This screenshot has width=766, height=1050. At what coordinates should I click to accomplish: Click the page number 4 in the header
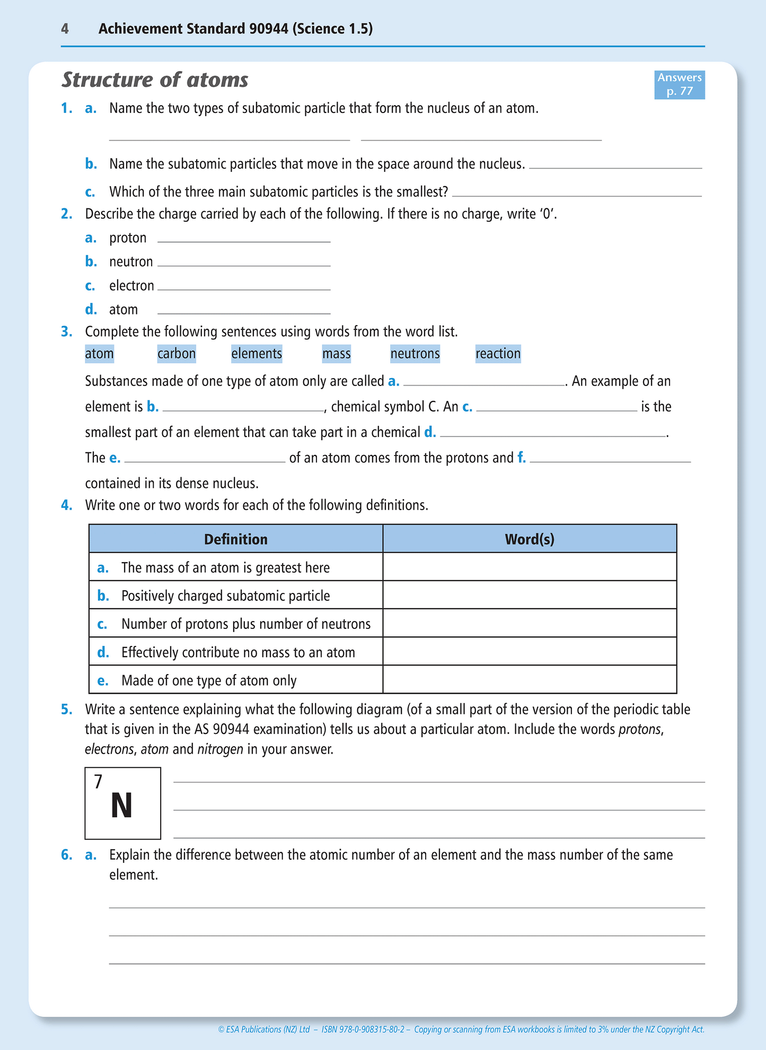65,29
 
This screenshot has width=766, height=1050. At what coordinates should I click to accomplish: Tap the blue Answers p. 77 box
679,84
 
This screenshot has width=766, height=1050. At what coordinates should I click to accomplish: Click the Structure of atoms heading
155,80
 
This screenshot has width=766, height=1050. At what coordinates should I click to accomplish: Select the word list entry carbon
177,354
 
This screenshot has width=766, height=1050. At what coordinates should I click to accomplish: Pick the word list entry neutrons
415,354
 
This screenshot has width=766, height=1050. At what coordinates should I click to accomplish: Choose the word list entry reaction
498,354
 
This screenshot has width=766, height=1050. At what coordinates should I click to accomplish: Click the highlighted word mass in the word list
336,354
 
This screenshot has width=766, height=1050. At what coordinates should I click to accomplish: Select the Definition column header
235,539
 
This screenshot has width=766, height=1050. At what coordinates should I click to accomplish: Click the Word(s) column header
529,539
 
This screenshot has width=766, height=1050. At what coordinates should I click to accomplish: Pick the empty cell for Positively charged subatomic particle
529,595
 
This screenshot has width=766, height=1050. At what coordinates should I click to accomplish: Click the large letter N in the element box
121,806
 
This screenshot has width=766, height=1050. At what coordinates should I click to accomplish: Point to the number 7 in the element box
98,782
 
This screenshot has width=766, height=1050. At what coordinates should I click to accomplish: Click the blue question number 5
66,710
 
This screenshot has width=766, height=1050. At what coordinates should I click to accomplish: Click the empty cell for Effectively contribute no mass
529,651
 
